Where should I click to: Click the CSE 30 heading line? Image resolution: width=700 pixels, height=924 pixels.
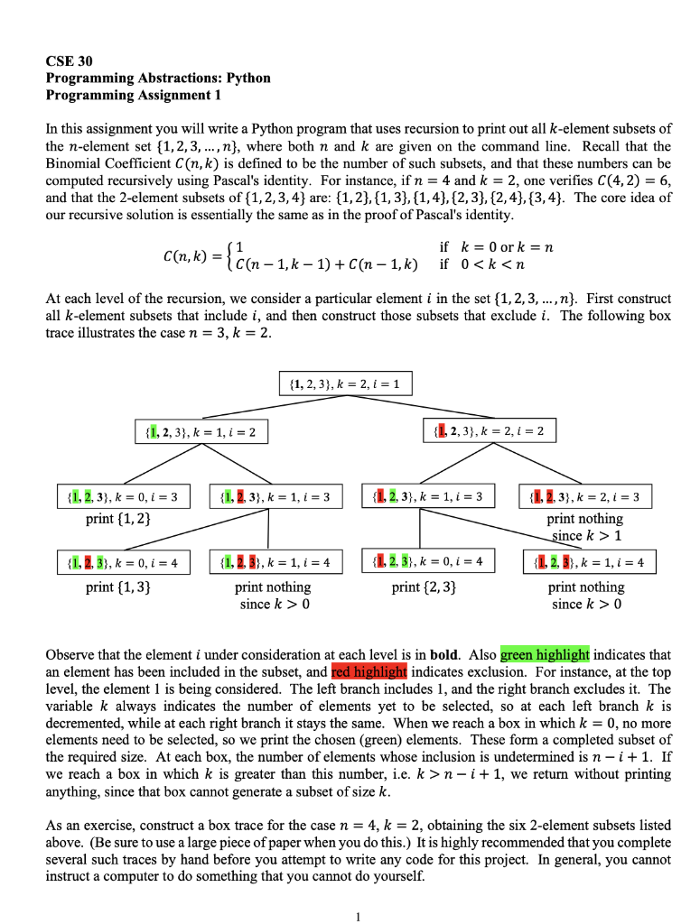click(66, 61)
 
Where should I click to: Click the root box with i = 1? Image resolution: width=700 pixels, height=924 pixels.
click(347, 386)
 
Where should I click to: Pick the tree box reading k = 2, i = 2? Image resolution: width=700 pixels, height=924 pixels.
click(489, 431)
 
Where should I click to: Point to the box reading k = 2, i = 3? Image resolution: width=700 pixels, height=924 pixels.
click(584, 496)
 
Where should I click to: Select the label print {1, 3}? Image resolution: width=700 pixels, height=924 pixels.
click(118, 587)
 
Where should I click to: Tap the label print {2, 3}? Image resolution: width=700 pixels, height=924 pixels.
click(424, 587)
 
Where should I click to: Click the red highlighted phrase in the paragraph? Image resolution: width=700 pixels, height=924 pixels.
click(370, 671)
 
